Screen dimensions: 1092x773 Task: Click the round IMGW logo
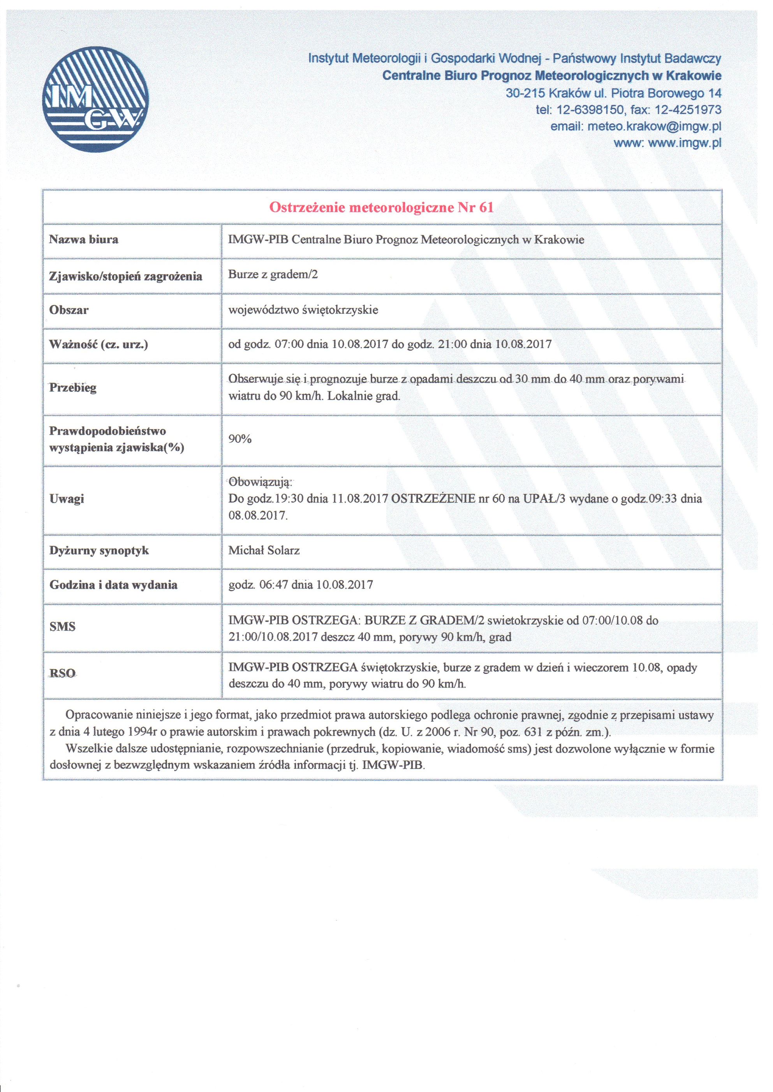95,99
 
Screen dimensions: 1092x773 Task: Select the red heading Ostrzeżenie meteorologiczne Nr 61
381,207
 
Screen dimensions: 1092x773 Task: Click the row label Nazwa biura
84,239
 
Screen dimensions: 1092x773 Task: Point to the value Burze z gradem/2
273,274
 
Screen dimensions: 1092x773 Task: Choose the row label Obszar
69,310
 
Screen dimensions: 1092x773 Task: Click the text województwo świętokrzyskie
303,310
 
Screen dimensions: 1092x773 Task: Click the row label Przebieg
73,387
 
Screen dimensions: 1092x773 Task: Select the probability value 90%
240,438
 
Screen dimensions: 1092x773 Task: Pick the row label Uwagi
67,498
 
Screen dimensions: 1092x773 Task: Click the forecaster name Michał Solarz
264,550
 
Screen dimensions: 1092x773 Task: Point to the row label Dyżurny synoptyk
99,550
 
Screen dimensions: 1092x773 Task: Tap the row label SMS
62,626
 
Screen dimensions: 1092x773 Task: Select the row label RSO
62,673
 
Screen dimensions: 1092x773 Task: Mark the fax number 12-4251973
688,110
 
